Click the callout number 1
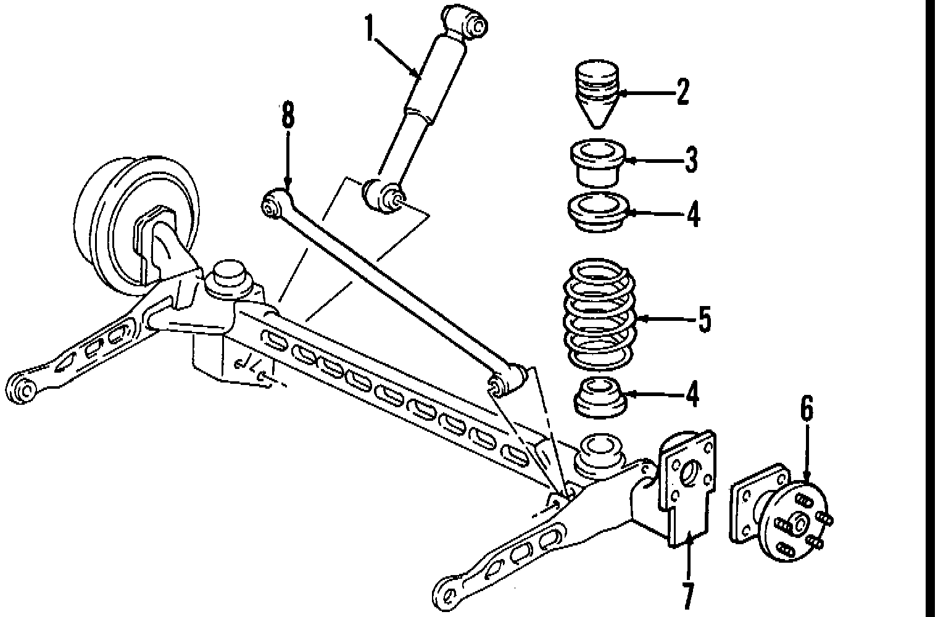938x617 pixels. point(370,28)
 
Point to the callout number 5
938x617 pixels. point(704,320)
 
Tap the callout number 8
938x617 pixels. point(288,117)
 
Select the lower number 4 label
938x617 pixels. point(693,394)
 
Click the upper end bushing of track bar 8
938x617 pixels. point(274,204)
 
